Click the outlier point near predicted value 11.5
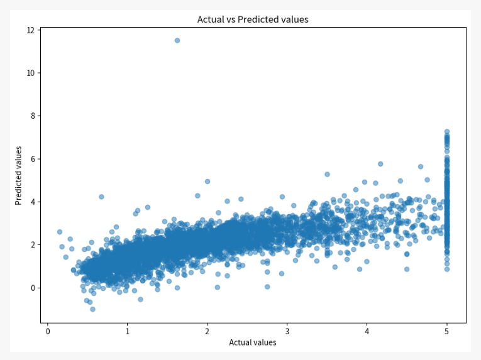[x=177, y=40]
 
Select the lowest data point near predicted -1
[x=92, y=309]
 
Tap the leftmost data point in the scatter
[x=60, y=232]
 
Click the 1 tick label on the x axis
[x=128, y=331]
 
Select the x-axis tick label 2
[x=207, y=331]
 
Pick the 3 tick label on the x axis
[x=287, y=331]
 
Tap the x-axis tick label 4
[x=367, y=331]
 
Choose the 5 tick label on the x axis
[x=447, y=331]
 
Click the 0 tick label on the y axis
[x=32, y=288]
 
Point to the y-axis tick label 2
[x=32, y=245]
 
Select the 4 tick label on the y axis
[x=32, y=202]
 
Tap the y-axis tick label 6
[x=32, y=159]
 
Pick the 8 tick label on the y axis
[x=32, y=116]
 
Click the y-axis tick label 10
[x=30, y=73]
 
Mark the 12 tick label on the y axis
[x=30, y=30]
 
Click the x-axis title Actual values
[x=253, y=342]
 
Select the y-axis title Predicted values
[x=19, y=175]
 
